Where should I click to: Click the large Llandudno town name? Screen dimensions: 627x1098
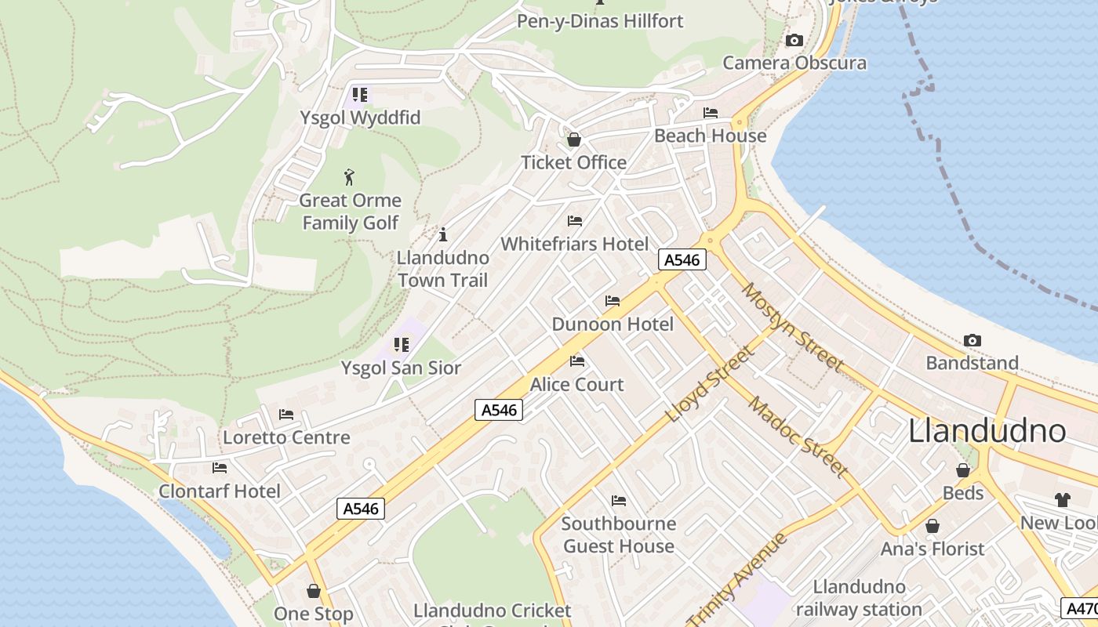click(x=987, y=431)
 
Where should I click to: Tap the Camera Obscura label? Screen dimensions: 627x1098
click(x=794, y=63)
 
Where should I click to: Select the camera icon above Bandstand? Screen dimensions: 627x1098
click(x=973, y=340)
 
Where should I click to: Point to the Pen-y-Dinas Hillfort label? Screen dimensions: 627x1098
click(x=600, y=21)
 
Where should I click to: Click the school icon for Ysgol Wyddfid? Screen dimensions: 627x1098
click(x=360, y=95)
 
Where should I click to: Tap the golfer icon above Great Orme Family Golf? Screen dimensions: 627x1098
click(x=350, y=177)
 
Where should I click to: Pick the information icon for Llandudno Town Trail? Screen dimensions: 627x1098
click(x=443, y=234)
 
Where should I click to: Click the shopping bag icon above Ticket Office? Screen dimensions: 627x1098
click(x=574, y=140)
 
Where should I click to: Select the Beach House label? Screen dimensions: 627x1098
click(x=710, y=136)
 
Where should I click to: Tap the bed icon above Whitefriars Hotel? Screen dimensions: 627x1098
click(x=575, y=221)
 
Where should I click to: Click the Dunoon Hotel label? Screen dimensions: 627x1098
click(x=613, y=324)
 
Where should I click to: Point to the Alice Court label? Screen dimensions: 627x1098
click(x=577, y=385)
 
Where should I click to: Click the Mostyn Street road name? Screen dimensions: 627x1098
click(x=792, y=327)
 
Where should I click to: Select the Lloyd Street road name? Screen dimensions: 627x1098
click(x=710, y=384)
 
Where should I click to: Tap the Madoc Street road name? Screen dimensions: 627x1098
click(x=798, y=437)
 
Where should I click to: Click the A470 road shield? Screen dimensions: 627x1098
click(x=1080, y=607)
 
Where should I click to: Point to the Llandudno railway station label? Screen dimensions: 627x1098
click(x=859, y=598)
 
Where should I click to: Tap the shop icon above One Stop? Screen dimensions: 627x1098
click(x=314, y=591)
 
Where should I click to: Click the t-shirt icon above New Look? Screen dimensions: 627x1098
click(x=1062, y=500)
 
